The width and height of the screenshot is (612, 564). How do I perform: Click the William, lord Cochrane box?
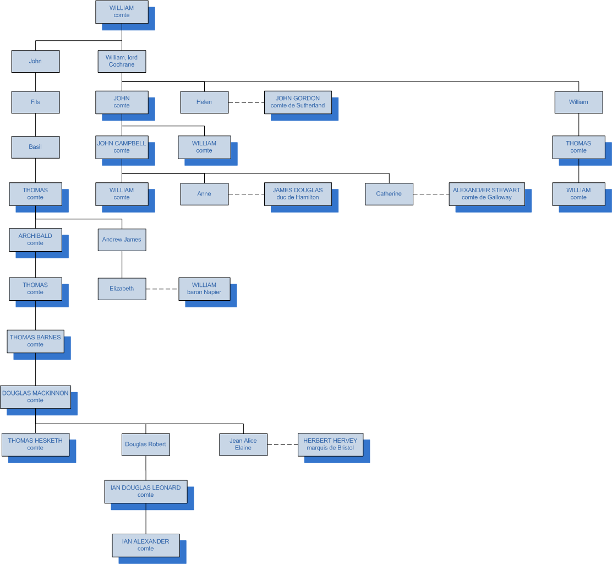[x=122, y=61]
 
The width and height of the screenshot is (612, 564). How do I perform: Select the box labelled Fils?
[x=35, y=102]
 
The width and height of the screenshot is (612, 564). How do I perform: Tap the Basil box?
[x=35, y=147]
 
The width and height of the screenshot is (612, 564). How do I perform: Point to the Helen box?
[x=204, y=102]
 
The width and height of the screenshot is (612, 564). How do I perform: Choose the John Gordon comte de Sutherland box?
[x=298, y=102]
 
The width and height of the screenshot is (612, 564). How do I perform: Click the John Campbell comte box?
[x=122, y=147]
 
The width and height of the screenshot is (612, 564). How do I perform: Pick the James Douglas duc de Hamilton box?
[x=298, y=194]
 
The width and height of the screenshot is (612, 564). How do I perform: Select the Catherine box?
[x=389, y=194]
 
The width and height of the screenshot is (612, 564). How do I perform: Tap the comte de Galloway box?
[x=487, y=194]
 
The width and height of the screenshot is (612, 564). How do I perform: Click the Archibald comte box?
[x=35, y=240]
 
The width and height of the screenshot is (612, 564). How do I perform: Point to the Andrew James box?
[x=122, y=240]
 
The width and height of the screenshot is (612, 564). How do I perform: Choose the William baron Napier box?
[x=204, y=289]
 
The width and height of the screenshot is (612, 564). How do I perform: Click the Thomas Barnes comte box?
[x=35, y=341]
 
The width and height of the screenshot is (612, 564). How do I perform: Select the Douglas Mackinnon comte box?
[x=35, y=397]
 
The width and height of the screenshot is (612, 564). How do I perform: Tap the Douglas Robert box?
[x=146, y=444]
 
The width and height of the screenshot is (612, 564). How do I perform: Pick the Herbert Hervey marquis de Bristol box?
[x=330, y=444]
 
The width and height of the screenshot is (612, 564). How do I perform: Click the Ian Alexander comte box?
[x=146, y=545]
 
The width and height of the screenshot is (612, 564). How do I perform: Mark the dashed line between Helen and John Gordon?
[x=246, y=102]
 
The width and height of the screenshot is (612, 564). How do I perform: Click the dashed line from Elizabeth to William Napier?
[x=162, y=289]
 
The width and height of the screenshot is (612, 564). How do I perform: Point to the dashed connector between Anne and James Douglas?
[x=246, y=194]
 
